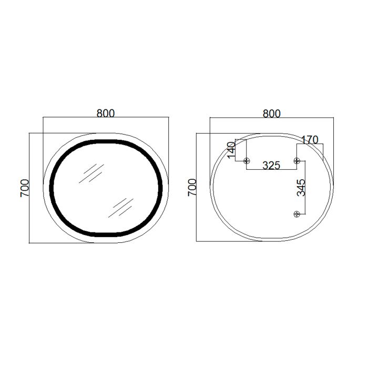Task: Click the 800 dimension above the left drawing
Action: coord(106,113)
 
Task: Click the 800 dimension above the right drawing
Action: coord(272,113)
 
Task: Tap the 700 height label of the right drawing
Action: coord(192,188)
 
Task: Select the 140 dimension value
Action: coord(231,150)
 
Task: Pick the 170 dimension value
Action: coord(310,140)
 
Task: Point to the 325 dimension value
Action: coord(271,165)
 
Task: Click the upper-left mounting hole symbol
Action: coord(247,160)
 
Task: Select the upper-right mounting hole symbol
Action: coord(297,160)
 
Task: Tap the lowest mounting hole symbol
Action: coord(297,213)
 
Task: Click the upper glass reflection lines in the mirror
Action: coord(90,173)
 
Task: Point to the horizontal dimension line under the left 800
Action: coord(106,118)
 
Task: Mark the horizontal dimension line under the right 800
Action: coord(272,119)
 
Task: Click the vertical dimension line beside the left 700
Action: coord(29,188)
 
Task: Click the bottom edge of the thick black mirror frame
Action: coord(106,233)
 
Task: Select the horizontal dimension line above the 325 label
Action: coord(272,169)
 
